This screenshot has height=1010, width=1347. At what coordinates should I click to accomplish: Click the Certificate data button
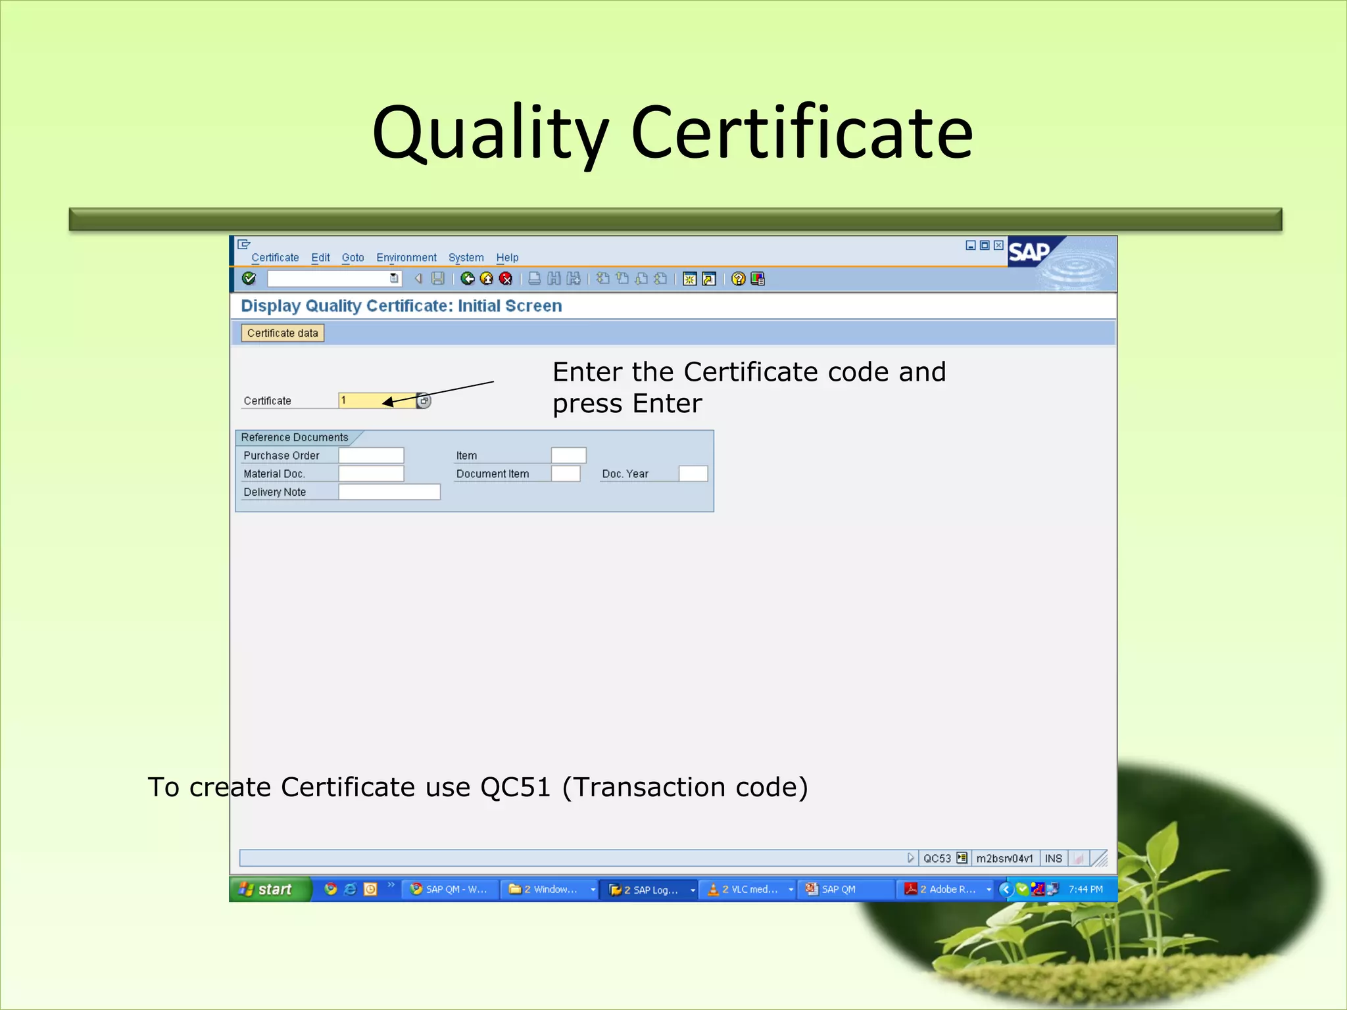click(282, 333)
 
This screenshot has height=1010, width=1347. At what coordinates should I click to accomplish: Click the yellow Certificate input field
click(376, 400)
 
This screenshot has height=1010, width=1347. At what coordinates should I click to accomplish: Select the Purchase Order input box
click(371, 456)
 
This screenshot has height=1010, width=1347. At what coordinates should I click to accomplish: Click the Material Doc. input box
click(371, 474)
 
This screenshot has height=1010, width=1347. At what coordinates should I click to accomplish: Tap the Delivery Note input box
click(389, 492)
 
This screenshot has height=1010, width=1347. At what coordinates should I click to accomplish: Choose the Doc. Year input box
click(693, 474)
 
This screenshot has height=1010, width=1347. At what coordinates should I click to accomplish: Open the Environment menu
click(406, 258)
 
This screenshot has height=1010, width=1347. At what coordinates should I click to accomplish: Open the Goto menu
click(353, 258)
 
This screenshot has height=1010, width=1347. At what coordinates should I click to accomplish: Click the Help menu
click(507, 258)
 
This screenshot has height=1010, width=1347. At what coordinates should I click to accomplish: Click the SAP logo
click(1029, 252)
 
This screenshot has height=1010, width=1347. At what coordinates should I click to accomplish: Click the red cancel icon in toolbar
click(506, 279)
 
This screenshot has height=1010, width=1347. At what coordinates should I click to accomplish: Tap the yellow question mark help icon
click(738, 279)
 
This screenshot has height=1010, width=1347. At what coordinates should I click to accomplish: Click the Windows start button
click(268, 889)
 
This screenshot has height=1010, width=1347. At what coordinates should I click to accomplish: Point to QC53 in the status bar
click(937, 858)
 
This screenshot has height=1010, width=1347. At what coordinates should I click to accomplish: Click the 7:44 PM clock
click(1085, 889)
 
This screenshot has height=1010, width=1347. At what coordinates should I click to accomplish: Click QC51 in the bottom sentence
click(515, 787)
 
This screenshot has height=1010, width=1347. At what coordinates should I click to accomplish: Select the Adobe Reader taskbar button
click(946, 889)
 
